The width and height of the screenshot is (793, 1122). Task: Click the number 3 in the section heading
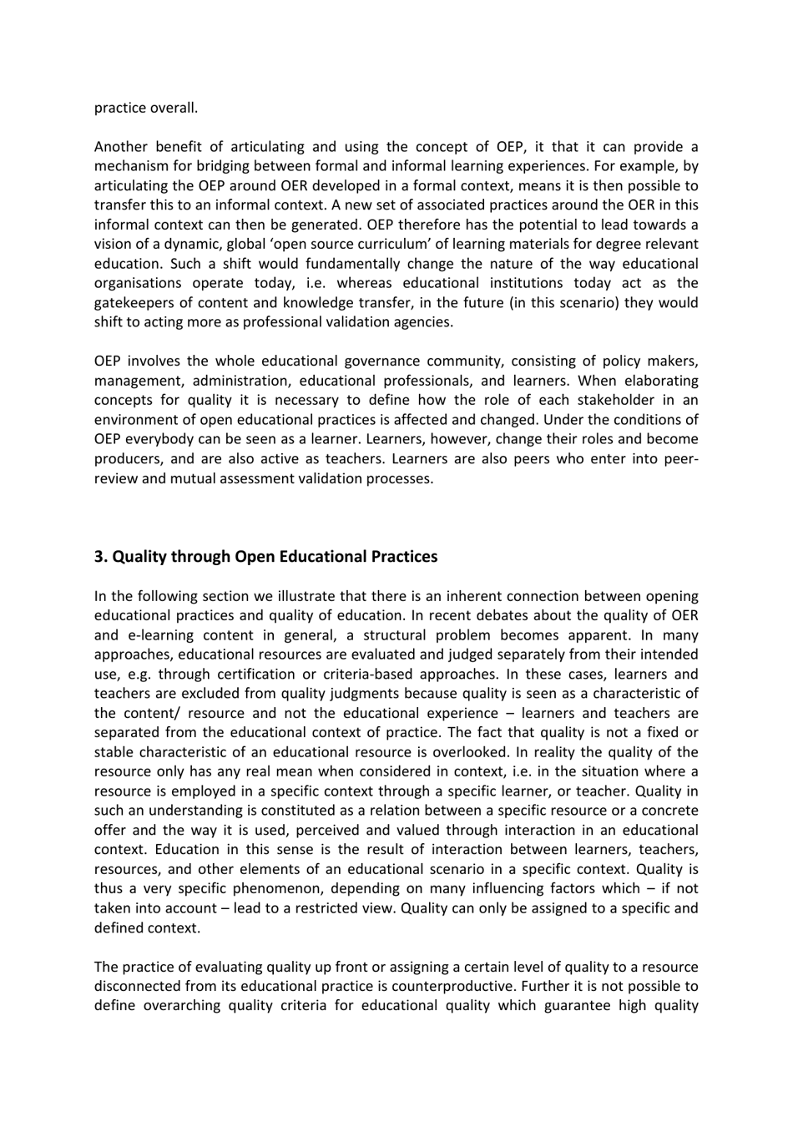click(99, 557)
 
